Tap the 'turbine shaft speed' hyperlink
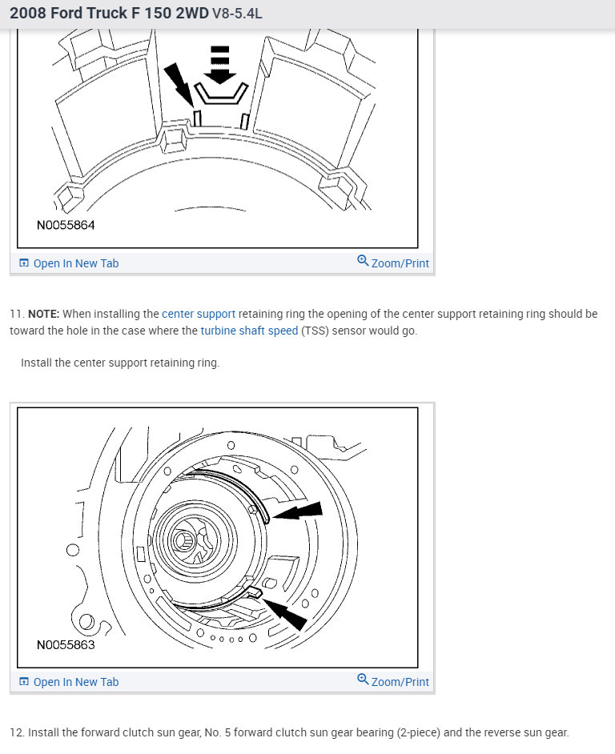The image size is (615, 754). tap(249, 331)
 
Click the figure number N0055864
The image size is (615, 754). tap(66, 226)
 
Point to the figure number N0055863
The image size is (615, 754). tap(66, 644)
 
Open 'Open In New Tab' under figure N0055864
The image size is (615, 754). tap(75, 263)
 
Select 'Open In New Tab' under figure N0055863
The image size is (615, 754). tap(75, 682)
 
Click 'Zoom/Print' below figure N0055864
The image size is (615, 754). tap(400, 263)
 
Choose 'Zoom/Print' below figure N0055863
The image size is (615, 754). tap(400, 682)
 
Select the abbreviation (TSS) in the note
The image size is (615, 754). tap(316, 331)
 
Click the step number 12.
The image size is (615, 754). tap(17, 732)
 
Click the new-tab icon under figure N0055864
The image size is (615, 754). tap(24, 263)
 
